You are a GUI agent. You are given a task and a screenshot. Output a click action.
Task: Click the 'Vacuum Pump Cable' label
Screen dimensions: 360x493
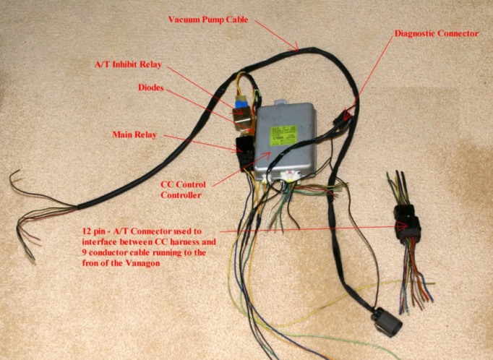click(x=208, y=20)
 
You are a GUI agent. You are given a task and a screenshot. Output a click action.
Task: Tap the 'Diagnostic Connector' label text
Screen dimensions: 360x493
click(x=436, y=33)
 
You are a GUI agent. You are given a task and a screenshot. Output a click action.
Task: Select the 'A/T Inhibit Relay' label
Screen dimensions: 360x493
click(x=130, y=64)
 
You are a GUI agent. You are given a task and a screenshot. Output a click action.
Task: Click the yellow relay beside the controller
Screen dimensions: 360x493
click(x=241, y=114)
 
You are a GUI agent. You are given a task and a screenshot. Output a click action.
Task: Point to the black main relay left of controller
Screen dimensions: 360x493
click(x=244, y=145)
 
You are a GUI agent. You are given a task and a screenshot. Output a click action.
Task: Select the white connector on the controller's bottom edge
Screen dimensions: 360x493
click(x=292, y=176)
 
